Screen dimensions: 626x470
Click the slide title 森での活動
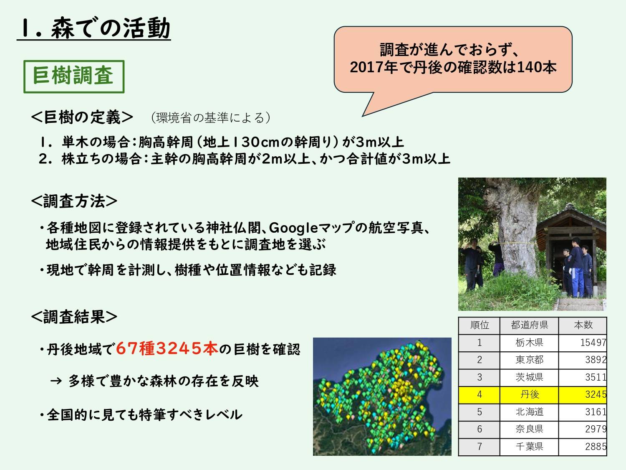(111, 28)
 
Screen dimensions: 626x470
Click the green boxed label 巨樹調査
(74, 76)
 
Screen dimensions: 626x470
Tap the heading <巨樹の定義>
(82, 117)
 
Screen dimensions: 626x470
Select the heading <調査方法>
(74, 201)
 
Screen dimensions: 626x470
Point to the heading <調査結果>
(74, 317)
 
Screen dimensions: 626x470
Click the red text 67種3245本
(167, 349)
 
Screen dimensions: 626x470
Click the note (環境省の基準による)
(210, 117)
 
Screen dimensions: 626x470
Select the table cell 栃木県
(529, 343)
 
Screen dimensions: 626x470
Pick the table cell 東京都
(529, 360)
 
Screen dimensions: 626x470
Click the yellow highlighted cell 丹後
(529, 394)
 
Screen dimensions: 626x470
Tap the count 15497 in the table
(593, 343)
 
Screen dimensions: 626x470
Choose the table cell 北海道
(529, 412)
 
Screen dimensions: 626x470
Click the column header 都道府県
(529, 325)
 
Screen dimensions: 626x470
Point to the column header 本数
(583, 325)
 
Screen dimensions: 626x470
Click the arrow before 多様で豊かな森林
(56, 381)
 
